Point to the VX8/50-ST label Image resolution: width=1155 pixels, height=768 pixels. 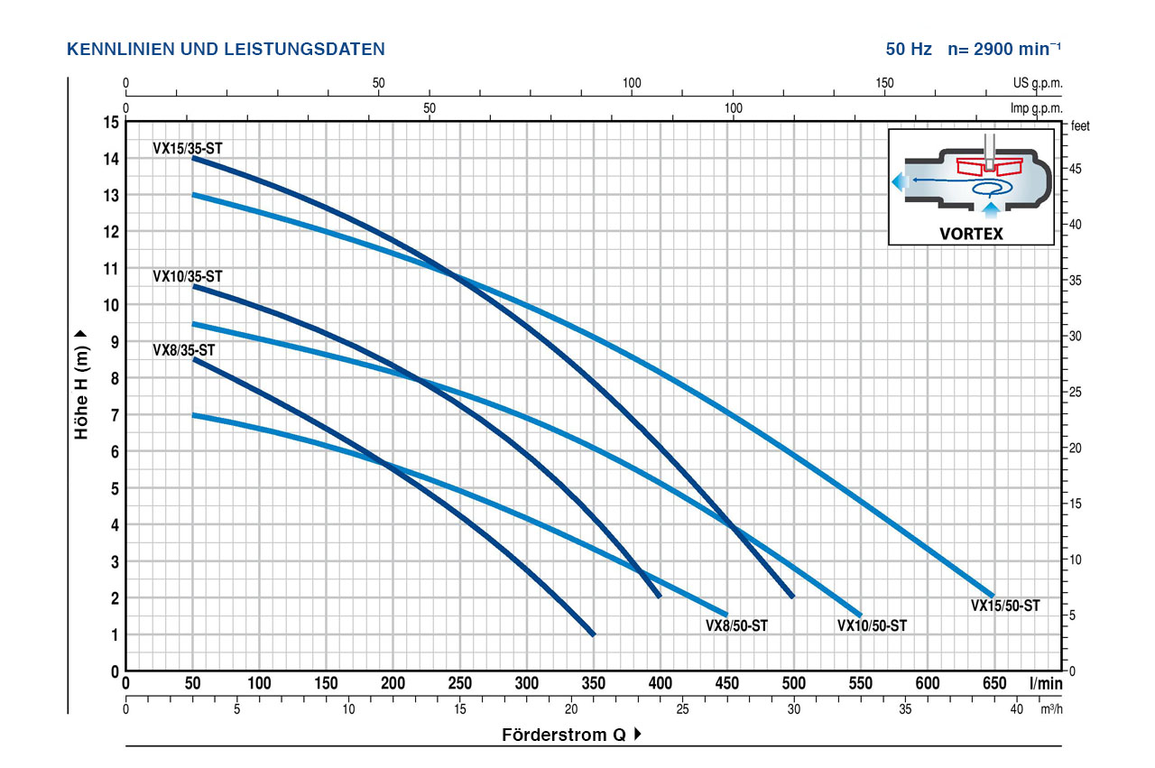(x=736, y=625)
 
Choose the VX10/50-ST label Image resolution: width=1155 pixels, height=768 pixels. (x=872, y=625)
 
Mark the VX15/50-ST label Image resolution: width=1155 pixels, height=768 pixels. (x=1005, y=606)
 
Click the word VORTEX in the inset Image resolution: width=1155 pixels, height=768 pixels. (x=971, y=232)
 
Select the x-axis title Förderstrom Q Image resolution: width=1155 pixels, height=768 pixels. (x=564, y=735)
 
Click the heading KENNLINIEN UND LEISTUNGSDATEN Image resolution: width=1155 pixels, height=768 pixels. (x=226, y=49)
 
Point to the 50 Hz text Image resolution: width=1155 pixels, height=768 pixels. (x=909, y=49)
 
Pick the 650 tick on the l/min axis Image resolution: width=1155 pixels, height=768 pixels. (x=993, y=683)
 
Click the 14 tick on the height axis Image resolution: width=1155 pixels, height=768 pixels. (x=112, y=159)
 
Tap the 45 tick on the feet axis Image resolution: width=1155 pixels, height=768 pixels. (x=1076, y=170)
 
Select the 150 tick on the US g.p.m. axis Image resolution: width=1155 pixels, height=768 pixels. (x=885, y=84)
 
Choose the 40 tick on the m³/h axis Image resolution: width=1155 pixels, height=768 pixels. (x=1017, y=709)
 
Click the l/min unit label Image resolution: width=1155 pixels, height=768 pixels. (x=1047, y=683)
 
